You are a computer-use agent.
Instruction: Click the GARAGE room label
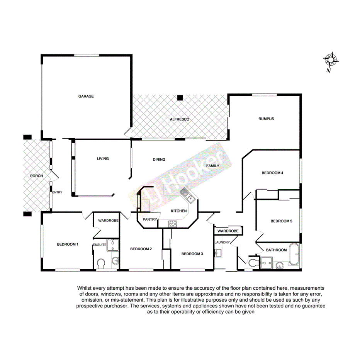(86, 96)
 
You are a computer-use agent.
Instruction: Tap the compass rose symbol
(331, 60)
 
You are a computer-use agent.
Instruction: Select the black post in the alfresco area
(180, 98)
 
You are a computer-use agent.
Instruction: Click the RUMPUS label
(266, 119)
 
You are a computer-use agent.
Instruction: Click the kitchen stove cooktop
(173, 223)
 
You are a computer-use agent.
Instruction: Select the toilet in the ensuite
(101, 263)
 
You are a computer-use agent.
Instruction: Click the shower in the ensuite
(112, 245)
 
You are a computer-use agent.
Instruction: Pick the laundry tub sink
(218, 253)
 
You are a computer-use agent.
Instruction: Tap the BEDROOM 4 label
(273, 173)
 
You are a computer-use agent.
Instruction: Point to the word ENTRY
(57, 192)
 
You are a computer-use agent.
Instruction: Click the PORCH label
(36, 176)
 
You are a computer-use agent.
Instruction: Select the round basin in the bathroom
(279, 265)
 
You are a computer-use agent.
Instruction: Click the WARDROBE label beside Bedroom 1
(108, 220)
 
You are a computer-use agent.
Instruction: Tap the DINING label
(159, 159)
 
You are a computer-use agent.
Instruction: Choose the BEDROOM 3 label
(192, 253)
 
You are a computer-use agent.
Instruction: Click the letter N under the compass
(328, 71)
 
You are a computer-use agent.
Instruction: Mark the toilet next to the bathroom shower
(253, 263)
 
